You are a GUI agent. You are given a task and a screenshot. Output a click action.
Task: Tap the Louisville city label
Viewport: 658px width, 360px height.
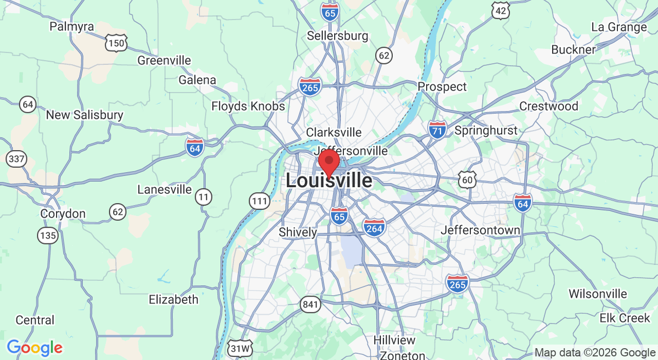329,181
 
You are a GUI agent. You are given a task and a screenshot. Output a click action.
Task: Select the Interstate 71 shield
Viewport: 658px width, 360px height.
437,130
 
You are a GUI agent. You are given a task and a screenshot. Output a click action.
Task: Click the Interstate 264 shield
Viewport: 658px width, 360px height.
374,227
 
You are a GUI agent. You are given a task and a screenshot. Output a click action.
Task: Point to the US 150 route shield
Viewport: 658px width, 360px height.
116,43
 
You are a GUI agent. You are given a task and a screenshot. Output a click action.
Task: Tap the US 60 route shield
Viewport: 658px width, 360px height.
467,179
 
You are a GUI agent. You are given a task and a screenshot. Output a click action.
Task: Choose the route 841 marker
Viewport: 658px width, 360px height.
310,304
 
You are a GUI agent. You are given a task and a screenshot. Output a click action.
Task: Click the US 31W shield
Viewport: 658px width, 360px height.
241,348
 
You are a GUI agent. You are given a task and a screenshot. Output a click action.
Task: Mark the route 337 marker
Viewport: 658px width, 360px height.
17,159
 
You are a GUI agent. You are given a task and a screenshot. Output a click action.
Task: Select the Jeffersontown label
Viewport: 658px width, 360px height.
480,230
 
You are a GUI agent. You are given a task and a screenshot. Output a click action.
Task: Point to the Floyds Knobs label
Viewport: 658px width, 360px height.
248,106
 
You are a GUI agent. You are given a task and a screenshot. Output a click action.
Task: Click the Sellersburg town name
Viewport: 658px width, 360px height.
337,36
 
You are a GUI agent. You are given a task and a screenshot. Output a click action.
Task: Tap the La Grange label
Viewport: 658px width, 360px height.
619,27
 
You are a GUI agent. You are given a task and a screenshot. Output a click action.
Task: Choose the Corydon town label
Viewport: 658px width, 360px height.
63,213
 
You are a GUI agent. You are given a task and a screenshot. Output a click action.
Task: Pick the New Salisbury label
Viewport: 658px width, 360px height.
84,115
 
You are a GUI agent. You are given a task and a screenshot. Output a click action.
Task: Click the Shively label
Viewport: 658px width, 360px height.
298,232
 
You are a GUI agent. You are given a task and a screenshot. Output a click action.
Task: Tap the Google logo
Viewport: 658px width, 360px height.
34,348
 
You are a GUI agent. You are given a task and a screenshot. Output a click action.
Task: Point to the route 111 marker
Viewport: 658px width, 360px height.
260,201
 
